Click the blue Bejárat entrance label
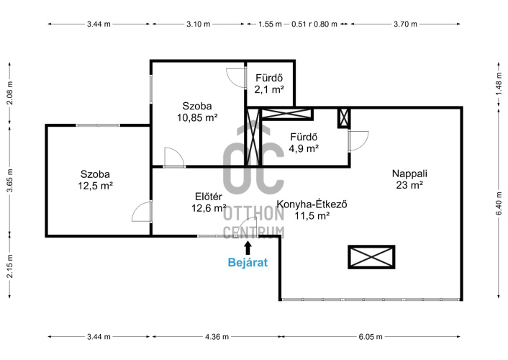tap(248, 262)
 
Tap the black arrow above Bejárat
tap(248, 248)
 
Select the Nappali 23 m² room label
tap(409, 179)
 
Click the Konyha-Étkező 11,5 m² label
tap(312, 210)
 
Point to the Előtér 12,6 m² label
tap(209, 202)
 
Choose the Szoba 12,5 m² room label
tap(95, 180)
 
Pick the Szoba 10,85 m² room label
tap(197, 112)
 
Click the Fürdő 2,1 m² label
tap(269, 84)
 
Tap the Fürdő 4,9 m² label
tap(304, 143)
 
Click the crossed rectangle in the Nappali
tap(371, 257)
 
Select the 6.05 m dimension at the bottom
tap(371, 337)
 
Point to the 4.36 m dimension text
tap(217, 337)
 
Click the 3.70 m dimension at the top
tap(405, 24)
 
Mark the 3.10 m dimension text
tap(199, 24)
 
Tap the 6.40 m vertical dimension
tap(499, 203)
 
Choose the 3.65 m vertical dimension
tap(10, 181)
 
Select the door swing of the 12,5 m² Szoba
tap(142, 212)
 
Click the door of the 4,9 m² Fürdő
tap(358, 140)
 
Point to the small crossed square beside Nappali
tap(344, 118)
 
